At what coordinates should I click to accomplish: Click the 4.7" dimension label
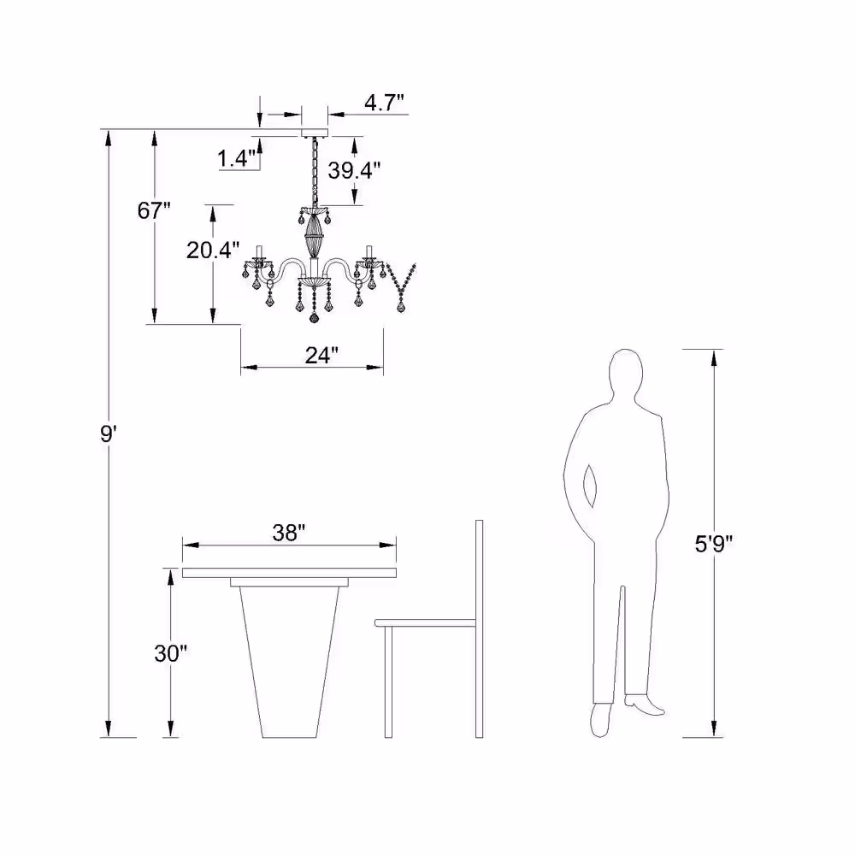point(384,102)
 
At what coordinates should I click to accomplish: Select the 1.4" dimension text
point(236,159)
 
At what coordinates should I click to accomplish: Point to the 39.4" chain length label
point(354,171)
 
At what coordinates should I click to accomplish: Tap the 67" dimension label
point(154,210)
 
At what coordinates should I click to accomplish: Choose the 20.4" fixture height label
point(213,251)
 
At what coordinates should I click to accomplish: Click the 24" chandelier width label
point(321,356)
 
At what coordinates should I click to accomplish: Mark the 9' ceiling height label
point(107,434)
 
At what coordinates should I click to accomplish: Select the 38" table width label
point(288,533)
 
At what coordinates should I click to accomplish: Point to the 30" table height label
point(170,653)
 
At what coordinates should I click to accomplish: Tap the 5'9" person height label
point(713,544)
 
